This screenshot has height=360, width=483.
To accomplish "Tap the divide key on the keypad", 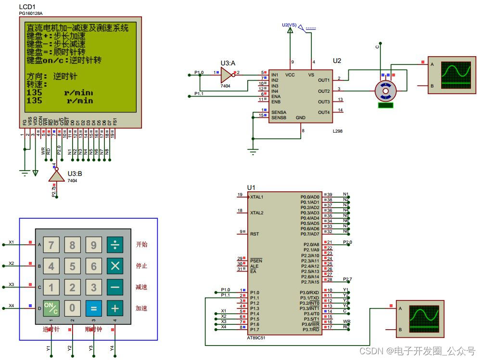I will point(114,245).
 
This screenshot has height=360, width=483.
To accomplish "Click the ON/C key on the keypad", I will point(51,308).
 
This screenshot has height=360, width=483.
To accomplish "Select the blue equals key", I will point(93,308).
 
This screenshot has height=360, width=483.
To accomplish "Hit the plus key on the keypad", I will point(114,308).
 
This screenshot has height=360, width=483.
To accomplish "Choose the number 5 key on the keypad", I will point(72,266).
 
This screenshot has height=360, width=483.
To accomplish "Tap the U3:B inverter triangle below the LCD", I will point(56,176).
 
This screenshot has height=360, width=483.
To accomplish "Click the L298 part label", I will point(337,131).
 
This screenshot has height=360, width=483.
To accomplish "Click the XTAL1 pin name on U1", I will point(257,197).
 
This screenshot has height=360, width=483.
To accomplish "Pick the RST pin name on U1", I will point(254,234).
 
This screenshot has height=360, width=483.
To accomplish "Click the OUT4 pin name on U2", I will point(324,112).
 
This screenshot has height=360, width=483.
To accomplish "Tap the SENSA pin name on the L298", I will point(279,112).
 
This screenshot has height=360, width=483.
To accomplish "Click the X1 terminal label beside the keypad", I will point(12,242).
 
